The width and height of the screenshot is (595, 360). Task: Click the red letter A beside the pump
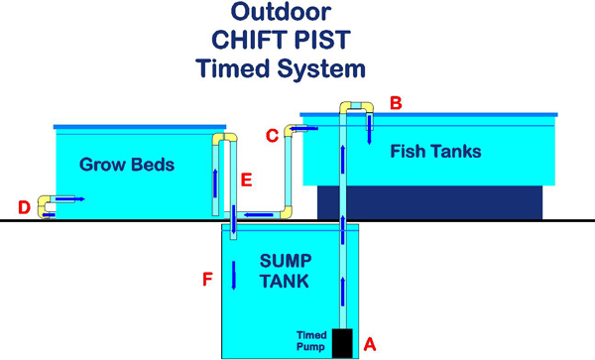click(x=370, y=344)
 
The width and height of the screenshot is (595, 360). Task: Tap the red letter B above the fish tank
click(x=396, y=102)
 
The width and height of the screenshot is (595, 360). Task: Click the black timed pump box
click(x=342, y=342)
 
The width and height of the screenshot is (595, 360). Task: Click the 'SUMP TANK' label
click(x=287, y=271)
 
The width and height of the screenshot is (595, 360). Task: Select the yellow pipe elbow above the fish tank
click(x=358, y=105)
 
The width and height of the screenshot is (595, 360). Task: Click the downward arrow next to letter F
click(x=233, y=274)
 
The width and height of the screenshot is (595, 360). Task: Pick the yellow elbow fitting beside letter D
click(x=46, y=205)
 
